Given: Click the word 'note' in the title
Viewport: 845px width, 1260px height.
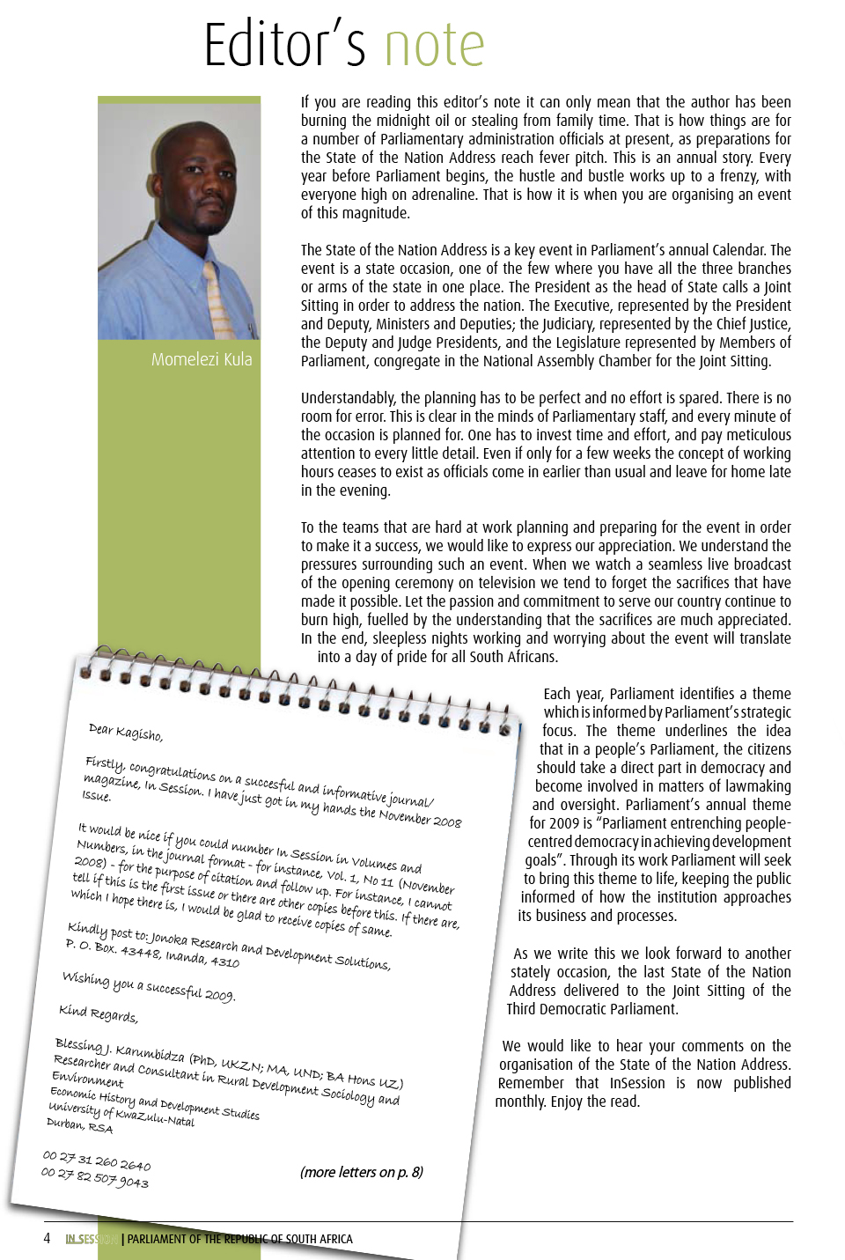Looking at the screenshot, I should point(434,45).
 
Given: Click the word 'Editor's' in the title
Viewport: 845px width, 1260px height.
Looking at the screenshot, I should point(284,45).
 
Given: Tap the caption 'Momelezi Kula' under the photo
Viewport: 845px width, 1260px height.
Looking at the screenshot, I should point(202,359).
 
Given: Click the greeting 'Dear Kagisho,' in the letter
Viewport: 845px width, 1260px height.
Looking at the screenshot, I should point(126,732).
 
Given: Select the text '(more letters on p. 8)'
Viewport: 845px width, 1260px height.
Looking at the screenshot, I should point(361,1172).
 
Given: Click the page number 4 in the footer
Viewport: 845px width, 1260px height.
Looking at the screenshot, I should point(47,1239).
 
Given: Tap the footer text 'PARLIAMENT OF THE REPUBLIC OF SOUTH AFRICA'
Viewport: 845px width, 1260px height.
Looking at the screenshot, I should point(239,1239).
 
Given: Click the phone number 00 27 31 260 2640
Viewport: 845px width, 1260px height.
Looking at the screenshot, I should point(97,1160).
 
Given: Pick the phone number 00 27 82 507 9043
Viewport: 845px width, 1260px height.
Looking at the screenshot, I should point(95,1177).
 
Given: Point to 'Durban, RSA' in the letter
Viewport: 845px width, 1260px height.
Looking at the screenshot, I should point(80,1124).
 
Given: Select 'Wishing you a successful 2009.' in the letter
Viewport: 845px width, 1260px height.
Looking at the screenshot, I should point(149,986).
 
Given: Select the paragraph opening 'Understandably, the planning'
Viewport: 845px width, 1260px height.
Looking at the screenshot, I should point(546,444).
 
